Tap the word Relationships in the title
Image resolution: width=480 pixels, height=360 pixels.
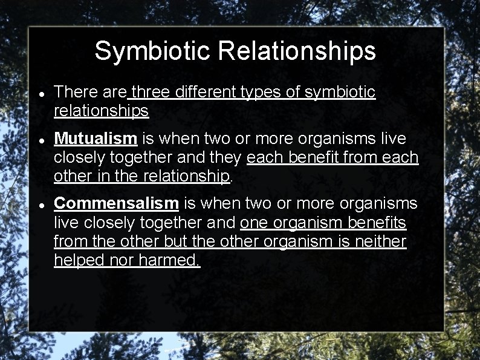(x=297, y=51)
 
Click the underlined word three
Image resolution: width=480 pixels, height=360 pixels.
(x=149, y=93)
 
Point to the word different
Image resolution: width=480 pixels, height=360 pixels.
(x=205, y=93)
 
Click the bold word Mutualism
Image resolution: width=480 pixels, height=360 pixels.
(x=96, y=139)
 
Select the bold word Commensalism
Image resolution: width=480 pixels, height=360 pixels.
(x=116, y=203)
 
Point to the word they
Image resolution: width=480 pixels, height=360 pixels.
(x=226, y=157)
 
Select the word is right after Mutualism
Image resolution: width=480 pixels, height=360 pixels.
(x=148, y=139)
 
